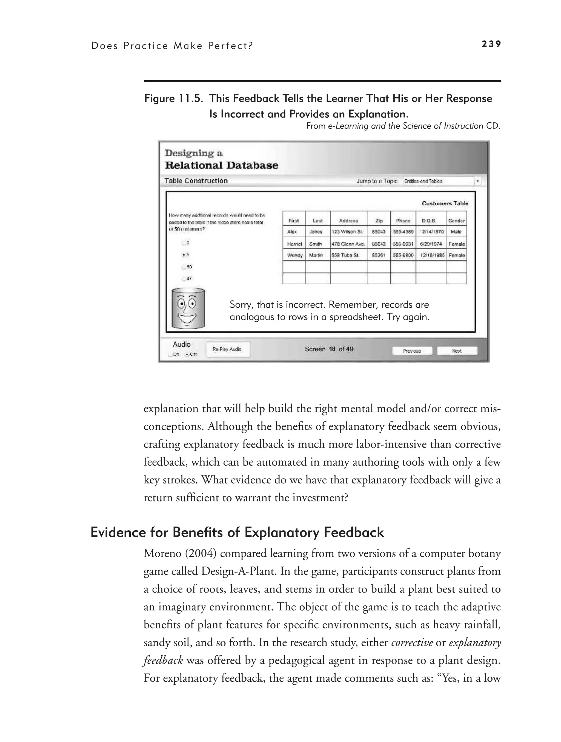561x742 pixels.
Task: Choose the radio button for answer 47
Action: (x=184, y=278)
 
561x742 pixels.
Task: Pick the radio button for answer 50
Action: (x=184, y=267)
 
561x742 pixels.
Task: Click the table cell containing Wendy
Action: (x=294, y=255)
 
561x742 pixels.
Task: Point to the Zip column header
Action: (x=379, y=221)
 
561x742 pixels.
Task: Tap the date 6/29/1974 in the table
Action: (x=431, y=244)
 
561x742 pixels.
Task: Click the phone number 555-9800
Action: (x=403, y=255)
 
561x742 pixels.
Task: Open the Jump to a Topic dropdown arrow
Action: (x=478, y=181)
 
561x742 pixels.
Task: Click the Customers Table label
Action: (x=445, y=203)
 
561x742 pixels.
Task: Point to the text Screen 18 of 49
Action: (x=329, y=349)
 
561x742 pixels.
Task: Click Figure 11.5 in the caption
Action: (x=174, y=99)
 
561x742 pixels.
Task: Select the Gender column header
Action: (x=456, y=221)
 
